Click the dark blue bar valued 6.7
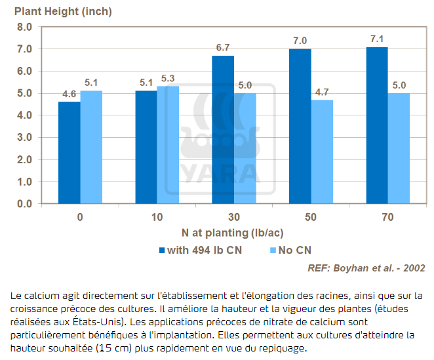pyautogui.click(x=223, y=129)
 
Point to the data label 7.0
pyautogui.click(x=300, y=41)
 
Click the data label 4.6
pyautogui.click(x=70, y=94)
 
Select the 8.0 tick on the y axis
pyautogui.click(x=24, y=27)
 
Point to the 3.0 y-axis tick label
pyautogui.click(x=24, y=137)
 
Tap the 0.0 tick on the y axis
pyautogui.click(x=24, y=203)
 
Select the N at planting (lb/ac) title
pyautogui.click(x=233, y=233)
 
